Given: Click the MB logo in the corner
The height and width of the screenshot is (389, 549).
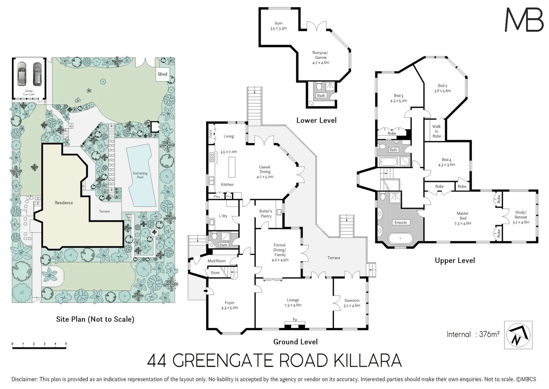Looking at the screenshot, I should [x=524, y=20].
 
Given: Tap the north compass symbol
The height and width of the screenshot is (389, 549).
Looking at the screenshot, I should [x=518, y=335].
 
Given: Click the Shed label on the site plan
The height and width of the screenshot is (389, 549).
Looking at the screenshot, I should [x=163, y=74].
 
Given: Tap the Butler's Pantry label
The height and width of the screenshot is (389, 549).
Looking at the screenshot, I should [x=266, y=214].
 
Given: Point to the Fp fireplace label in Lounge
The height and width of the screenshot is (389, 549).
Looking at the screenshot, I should [x=295, y=319].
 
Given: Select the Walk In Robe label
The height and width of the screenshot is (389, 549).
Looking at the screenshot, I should [x=436, y=131].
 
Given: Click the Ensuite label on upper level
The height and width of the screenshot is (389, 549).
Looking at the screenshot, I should [x=401, y=223].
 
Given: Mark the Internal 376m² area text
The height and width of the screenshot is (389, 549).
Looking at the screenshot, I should [x=473, y=334].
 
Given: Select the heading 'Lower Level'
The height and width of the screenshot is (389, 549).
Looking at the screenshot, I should [x=316, y=120].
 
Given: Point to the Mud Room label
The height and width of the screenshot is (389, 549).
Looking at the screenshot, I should [x=216, y=261].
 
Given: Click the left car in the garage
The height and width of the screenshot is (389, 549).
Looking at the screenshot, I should [x=22, y=73].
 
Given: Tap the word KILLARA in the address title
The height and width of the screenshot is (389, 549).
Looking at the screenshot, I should [x=368, y=361].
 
